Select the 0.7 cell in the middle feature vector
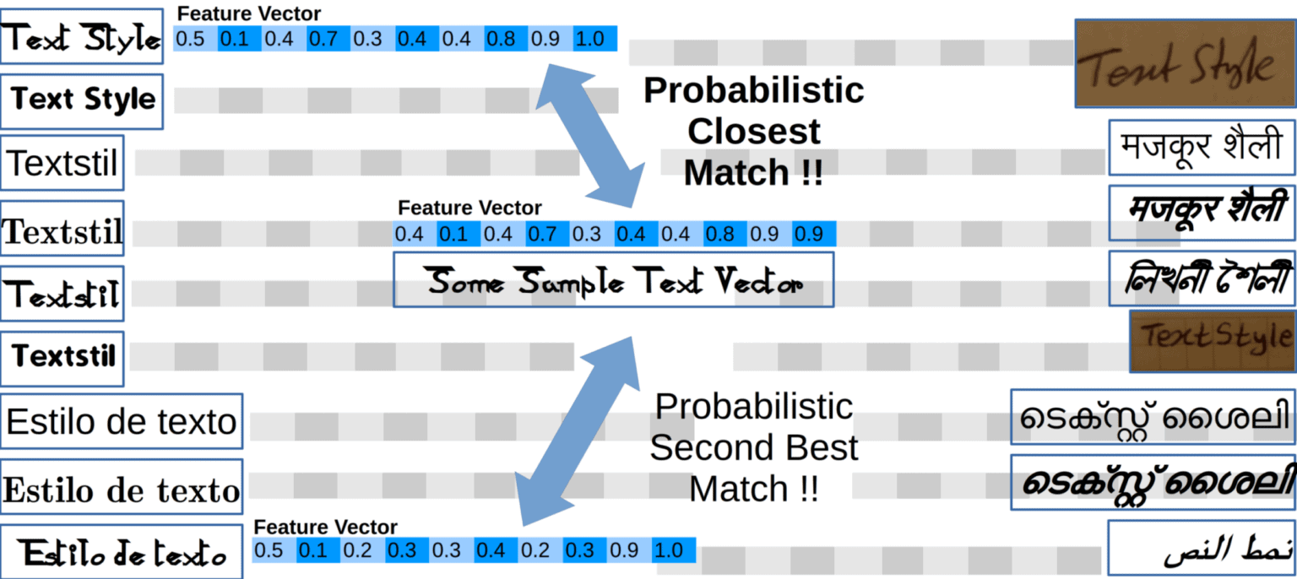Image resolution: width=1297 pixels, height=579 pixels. click(547, 234)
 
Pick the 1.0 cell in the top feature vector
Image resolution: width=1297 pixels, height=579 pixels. click(594, 39)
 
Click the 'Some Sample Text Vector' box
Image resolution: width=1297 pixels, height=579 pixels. click(614, 279)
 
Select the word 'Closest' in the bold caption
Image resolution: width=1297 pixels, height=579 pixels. click(753, 132)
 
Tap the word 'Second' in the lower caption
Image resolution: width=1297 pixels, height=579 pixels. click(753, 447)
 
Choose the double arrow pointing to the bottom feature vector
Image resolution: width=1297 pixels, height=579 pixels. click(578, 430)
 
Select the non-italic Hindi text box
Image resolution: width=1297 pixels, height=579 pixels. click(1202, 148)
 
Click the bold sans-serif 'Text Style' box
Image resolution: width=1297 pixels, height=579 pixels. click(82, 100)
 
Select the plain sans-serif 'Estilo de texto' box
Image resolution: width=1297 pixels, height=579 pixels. click(122, 420)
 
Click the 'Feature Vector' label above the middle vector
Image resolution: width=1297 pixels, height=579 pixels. click(469, 208)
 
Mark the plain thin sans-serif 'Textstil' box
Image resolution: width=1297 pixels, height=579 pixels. click(62, 162)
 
